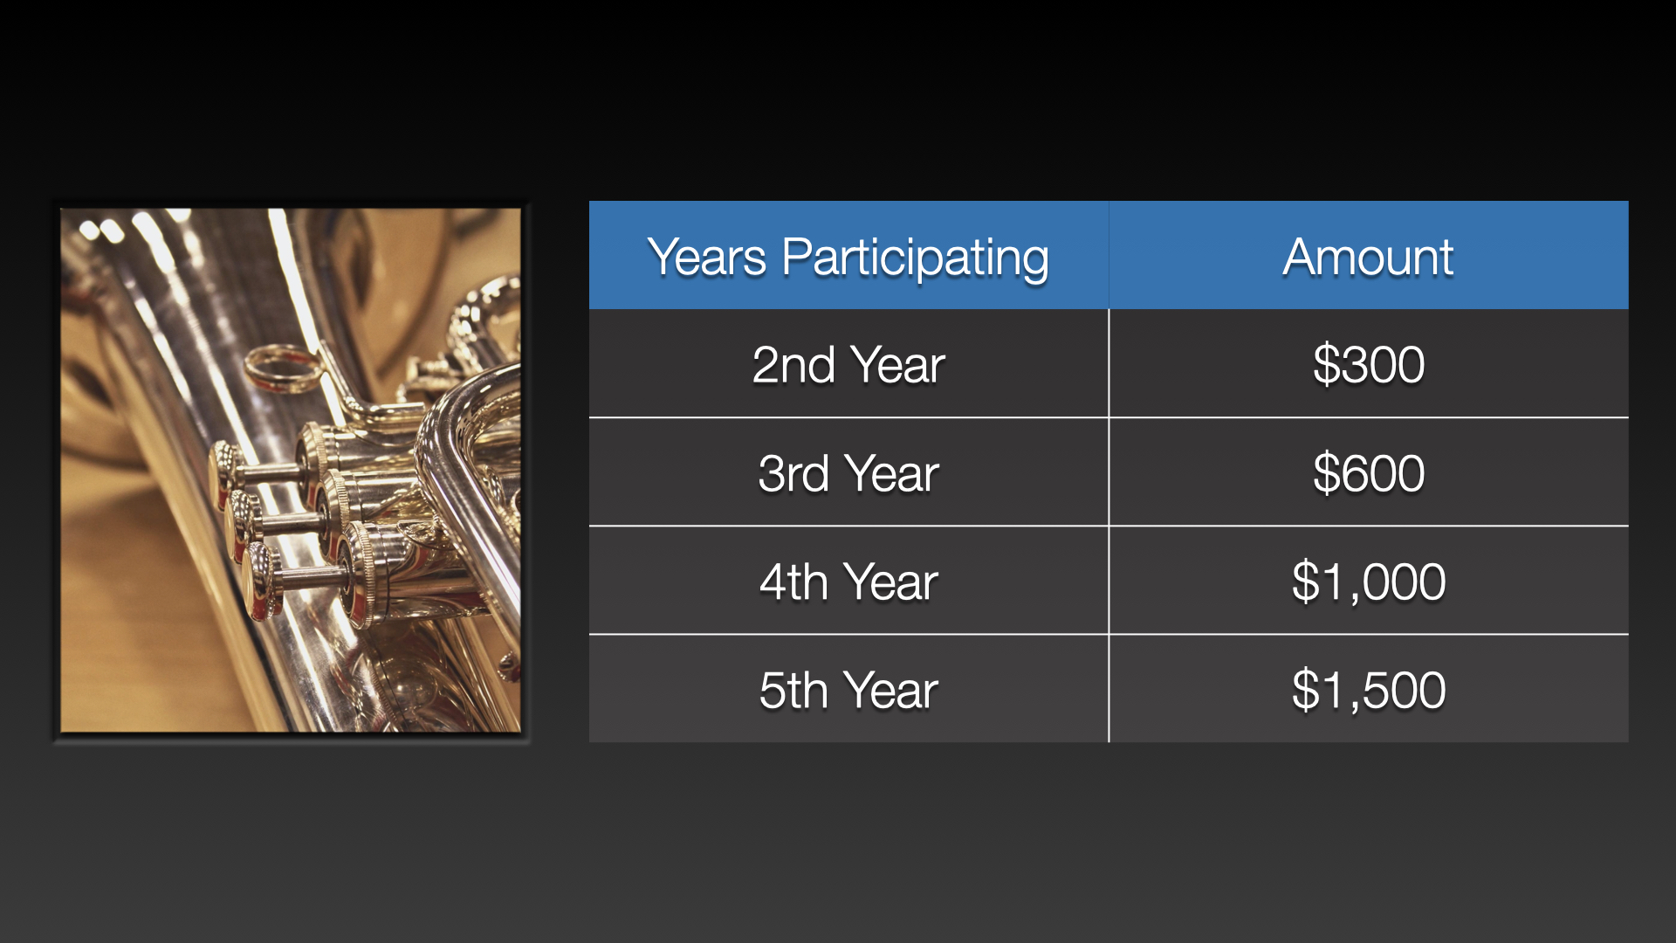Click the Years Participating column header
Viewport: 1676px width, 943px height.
848,258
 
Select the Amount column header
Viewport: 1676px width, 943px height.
1368,258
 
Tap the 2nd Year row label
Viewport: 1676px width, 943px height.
848,365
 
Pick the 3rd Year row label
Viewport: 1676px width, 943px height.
848,473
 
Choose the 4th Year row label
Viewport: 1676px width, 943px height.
848,582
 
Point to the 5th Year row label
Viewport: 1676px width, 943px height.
848,690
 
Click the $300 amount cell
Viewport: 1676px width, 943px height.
1369,365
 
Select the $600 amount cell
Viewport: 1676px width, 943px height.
1369,473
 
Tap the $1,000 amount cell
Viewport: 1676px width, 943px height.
1369,582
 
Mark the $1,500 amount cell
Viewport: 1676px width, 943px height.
1369,690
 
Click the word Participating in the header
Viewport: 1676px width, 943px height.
915,259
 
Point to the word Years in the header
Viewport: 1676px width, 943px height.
707,258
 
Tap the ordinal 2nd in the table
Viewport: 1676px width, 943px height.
793,365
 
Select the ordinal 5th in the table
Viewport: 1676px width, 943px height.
793,690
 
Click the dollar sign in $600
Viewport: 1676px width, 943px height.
1326,473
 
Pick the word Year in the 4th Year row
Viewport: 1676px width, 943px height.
891,582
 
